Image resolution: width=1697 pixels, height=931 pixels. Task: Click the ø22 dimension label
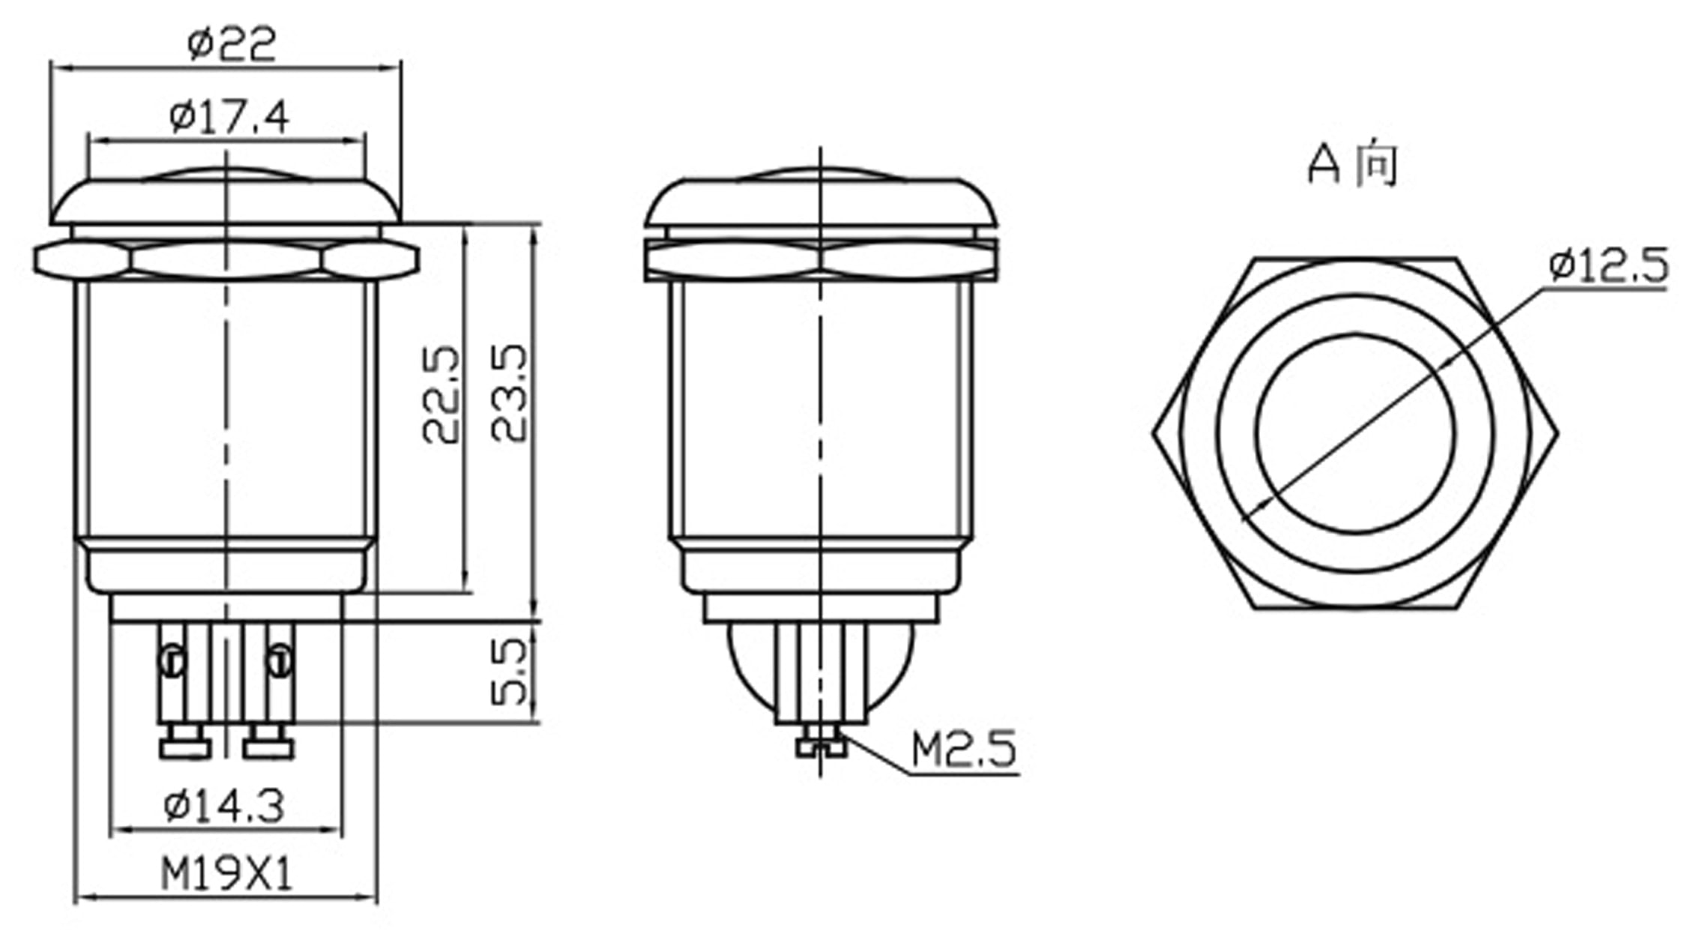(232, 43)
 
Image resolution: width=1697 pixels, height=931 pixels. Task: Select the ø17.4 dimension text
(229, 117)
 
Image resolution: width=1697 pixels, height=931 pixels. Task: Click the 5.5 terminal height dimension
(511, 672)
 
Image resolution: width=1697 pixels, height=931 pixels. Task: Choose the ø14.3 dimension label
(224, 807)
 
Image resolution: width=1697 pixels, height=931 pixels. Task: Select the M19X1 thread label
(226, 874)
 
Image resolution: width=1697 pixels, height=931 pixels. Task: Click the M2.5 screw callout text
(964, 749)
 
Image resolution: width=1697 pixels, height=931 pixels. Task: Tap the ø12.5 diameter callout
(1609, 265)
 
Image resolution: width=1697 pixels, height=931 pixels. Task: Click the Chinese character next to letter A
(1378, 164)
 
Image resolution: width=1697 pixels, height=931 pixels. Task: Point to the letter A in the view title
(1324, 164)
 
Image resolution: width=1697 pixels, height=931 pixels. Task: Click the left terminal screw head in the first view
(185, 747)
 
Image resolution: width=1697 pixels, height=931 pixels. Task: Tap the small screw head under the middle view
(821, 746)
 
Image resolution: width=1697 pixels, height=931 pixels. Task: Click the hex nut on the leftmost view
(226, 260)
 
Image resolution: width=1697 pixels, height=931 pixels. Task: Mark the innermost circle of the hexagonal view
(1356, 433)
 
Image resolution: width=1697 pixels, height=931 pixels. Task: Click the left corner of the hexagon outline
(1155, 433)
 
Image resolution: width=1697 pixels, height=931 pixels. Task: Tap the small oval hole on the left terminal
(172, 661)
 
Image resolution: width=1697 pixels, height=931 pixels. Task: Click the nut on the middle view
(822, 260)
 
